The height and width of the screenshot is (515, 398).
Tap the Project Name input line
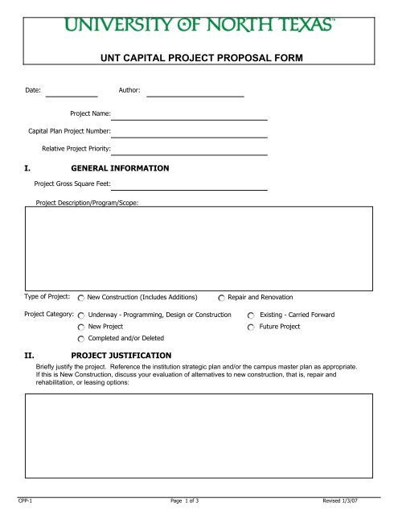(189, 114)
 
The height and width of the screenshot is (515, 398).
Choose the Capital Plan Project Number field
(189, 131)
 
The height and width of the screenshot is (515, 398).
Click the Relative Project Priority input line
(189, 149)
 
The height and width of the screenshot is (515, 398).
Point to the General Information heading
(120, 169)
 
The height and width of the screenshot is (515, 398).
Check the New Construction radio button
(81, 299)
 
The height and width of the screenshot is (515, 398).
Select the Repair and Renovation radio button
(222, 299)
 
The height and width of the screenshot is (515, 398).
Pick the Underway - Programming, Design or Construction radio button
(81, 315)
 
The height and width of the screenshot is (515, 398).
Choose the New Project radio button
(81, 328)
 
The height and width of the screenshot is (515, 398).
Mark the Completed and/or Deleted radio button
(81, 340)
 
